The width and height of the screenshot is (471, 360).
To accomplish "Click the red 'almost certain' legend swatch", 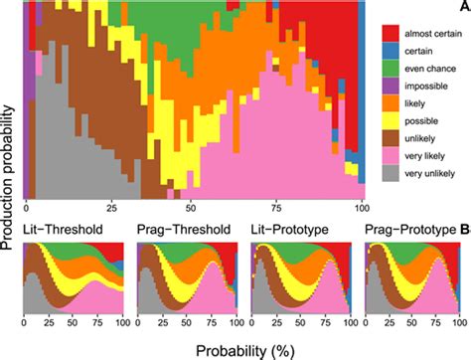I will (391, 33).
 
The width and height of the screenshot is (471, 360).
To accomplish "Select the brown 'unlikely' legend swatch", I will (391, 139).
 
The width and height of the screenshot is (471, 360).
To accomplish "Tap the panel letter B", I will (464, 231).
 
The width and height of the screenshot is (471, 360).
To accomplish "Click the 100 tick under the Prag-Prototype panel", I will (460, 324).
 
